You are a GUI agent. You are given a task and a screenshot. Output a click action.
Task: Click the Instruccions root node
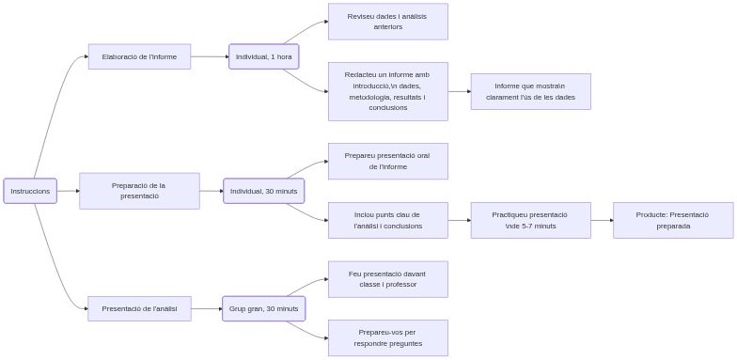[x=30, y=191]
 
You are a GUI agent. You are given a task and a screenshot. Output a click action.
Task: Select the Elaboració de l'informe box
[x=139, y=56]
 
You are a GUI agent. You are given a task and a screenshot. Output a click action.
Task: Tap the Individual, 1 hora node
[x=263, y=56]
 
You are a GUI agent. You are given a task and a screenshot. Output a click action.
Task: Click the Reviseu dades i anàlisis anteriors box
[x=387, y=22]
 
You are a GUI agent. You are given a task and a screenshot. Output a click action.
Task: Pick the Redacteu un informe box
[x=387, y=91]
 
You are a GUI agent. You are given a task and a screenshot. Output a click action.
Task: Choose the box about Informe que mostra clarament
[x=530, y=91]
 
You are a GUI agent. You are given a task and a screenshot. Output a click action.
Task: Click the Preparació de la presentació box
[x=139, y=191]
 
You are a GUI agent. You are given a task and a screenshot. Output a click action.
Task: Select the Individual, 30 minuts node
[x=263, y=191]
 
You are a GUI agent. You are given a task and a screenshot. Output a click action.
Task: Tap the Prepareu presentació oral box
[x=387, y=161]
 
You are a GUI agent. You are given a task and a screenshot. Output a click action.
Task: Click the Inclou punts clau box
[x=387, y=220]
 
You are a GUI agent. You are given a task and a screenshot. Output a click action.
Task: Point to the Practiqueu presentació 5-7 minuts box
[x=530, y=220]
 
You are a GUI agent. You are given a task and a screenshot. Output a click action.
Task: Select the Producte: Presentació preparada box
[x=672, y=220]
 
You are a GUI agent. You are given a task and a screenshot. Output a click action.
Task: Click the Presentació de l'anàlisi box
[x=139, y=308]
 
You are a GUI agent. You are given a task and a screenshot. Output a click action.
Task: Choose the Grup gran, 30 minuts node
[x=263, y=308]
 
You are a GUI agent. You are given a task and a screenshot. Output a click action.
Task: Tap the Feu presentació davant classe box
[x=387, y=279]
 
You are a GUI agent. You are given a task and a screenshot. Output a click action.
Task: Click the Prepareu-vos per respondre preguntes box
[x=387, y=337]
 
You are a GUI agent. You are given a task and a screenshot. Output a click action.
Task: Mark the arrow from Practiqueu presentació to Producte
[x=602, y=220]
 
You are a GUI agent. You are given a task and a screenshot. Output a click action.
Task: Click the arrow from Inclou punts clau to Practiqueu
[x=459, y=220]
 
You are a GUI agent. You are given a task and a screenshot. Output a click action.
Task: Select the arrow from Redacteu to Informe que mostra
[x=459, y=91]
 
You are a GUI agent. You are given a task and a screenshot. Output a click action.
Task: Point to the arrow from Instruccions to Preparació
[x=68, y=191]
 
